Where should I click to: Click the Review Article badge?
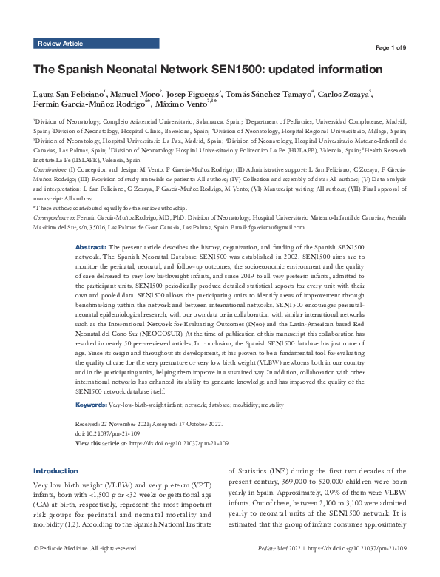[x=60, y=44]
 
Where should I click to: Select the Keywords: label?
[x=92, y=406]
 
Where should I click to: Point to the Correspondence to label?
[x=55, y=218]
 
